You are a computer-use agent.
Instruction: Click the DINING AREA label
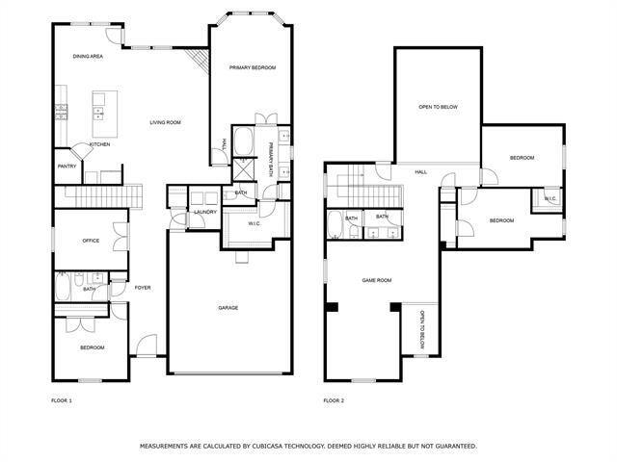(88, 57)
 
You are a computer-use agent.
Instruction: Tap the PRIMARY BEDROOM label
(252, 68)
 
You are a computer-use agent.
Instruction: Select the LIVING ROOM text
(165, 122)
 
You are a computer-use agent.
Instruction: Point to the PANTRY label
(67, 167)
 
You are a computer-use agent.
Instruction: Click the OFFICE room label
(91, 241)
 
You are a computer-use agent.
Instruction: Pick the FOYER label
(142, 287)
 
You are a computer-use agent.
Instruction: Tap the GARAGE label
(228, 308)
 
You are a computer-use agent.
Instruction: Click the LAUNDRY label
(204, 212)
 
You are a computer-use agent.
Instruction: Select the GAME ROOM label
(376, 280)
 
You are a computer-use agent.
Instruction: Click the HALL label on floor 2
(420, 172)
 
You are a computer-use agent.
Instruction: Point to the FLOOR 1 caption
(61, 399)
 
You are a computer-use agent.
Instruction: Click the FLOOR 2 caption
(334, 399)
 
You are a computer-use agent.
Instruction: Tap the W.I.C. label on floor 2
(550, 199)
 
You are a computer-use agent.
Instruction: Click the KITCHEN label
(99, 144)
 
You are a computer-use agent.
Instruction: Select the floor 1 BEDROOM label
(92, 347)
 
